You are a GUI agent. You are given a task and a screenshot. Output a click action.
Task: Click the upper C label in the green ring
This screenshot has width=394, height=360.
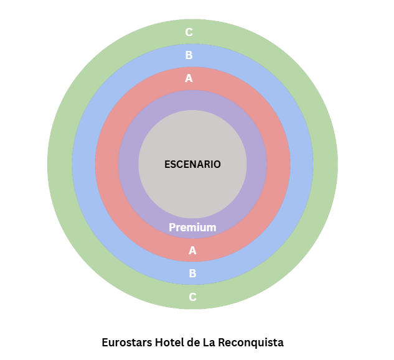pyautogui.click(x=189, y=32)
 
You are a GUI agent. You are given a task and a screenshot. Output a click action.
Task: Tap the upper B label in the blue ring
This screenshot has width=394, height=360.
pyautogui.click(x=189, y=55)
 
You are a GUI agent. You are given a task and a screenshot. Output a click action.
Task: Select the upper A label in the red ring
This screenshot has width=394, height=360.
pyautogui.click(x=189, y=78)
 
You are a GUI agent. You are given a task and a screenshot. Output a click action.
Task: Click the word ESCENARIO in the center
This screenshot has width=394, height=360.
pyautogui.click(x=192, y=164)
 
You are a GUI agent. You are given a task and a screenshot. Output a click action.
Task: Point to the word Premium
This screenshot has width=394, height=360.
pyautogui.click(x=192, y=228)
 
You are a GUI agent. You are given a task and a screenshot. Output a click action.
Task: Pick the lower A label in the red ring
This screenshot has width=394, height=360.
pyautogui.click(x=192, y=251)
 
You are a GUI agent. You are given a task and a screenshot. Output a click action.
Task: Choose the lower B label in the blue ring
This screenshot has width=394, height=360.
pyautogui.click(x=192, y=274)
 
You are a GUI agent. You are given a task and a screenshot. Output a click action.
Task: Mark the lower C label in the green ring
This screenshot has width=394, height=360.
pyautogui.click(x=192, y=297)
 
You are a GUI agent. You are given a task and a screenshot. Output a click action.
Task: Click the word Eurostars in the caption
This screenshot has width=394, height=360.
pyautogui.click(x=127, y=343)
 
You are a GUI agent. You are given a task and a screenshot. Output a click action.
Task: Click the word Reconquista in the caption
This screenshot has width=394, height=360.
pyautogui.click(x=251, y=343)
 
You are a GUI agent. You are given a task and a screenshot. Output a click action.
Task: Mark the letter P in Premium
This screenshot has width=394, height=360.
pyautogui.click(x=172, y=228)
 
